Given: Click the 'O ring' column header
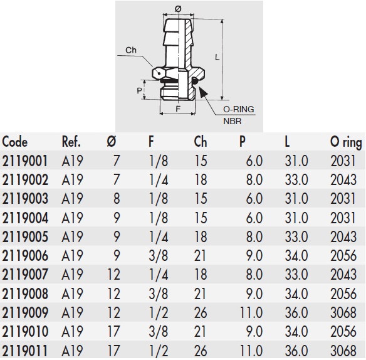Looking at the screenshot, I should click(x=345, y=141).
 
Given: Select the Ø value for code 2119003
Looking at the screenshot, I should click(x=115, y=198).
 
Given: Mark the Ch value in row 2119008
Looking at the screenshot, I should click(x=201, y=293).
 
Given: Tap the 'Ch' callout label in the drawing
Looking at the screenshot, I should click(x=131, y=50).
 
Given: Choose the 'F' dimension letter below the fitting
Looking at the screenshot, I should click(x=178, y=108).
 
